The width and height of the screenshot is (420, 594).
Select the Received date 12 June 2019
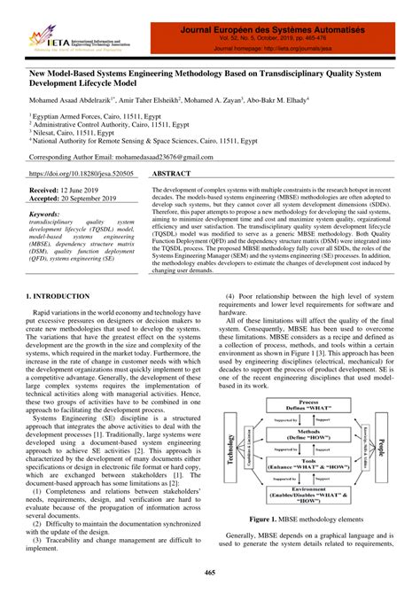(x=69, y=191)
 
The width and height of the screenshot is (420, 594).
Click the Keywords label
(x=51, y=214)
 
